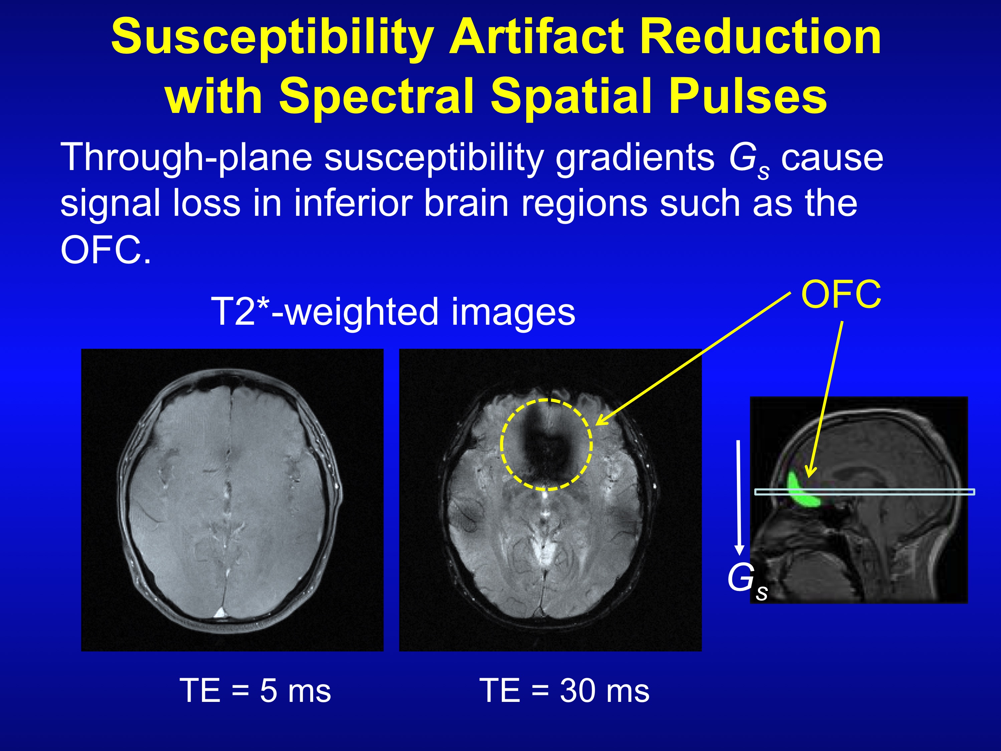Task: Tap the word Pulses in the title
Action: pos(749,96)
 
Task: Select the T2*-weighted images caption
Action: pos(393,312)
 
